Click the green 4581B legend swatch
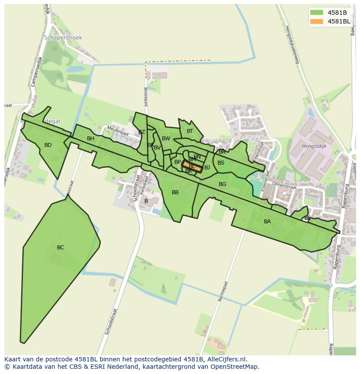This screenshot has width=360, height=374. tap(317, 13)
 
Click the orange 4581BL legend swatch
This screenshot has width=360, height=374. tap(317, 21)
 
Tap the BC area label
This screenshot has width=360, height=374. tap(60, 248)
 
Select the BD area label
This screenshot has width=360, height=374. tap(48, 145)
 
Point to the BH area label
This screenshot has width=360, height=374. tap(90, 139)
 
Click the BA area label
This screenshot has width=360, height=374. tap(267, 222)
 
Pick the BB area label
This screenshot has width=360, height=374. tap(175, 192)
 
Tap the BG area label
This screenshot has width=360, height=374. tap(222, 184)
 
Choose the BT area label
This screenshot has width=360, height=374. tap(190, 131)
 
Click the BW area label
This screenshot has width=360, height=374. tap(166, 139)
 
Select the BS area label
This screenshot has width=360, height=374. tap(221, 163)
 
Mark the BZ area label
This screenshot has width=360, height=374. tap(142, 132)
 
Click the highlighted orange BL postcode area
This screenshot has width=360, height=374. tap(192, 166)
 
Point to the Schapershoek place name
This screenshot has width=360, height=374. tap(63, 38)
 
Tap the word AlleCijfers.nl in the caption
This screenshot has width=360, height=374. tap(226, 359)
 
